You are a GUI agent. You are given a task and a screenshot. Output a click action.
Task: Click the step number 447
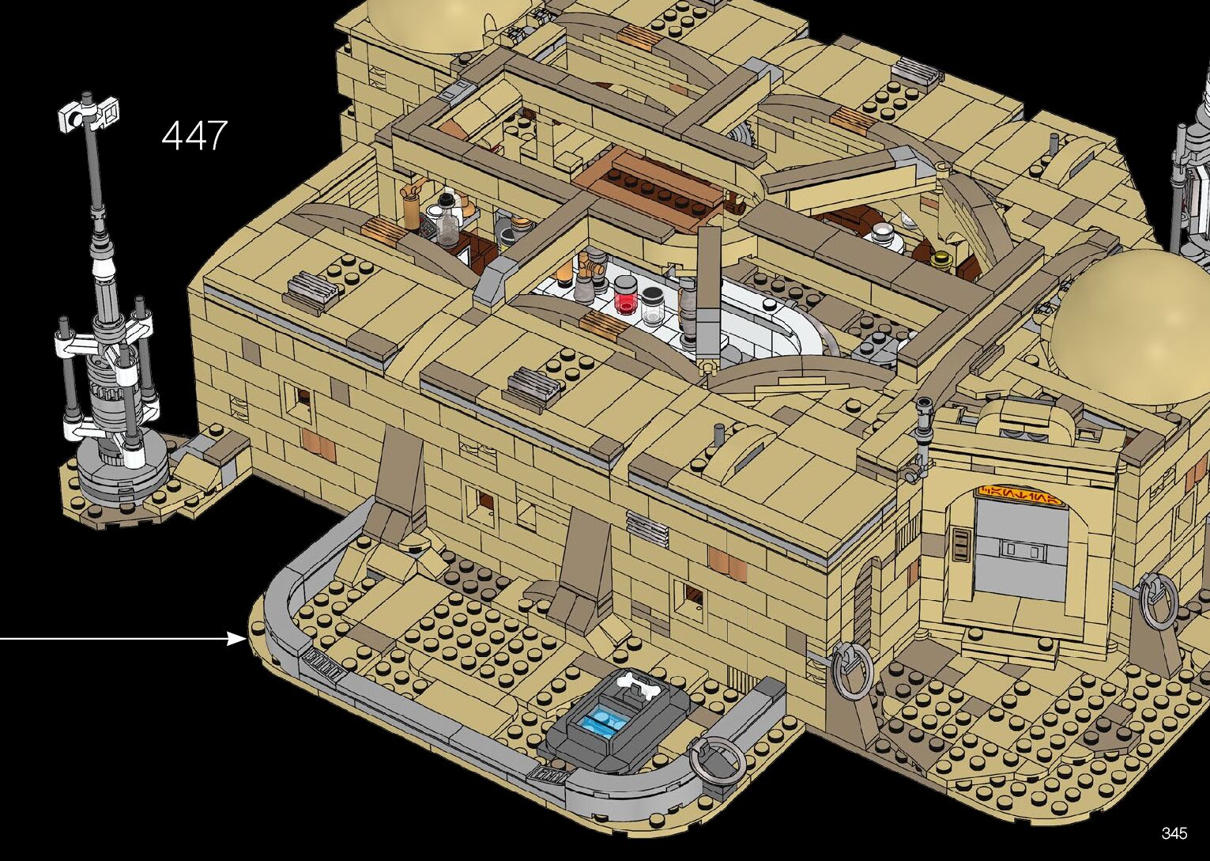click(194, 135)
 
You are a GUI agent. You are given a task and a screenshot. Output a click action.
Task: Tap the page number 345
click(1174, 833)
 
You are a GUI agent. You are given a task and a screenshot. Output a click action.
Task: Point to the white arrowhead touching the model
click(238, 638)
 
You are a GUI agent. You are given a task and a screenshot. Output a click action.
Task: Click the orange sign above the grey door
click(1020, 495)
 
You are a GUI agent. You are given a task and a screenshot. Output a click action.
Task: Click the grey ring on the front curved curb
click(713, 760)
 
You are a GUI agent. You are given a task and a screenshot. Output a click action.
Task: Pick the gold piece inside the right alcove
click(940, 259)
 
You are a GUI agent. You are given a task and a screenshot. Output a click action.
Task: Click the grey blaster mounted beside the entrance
click(921, 440)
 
